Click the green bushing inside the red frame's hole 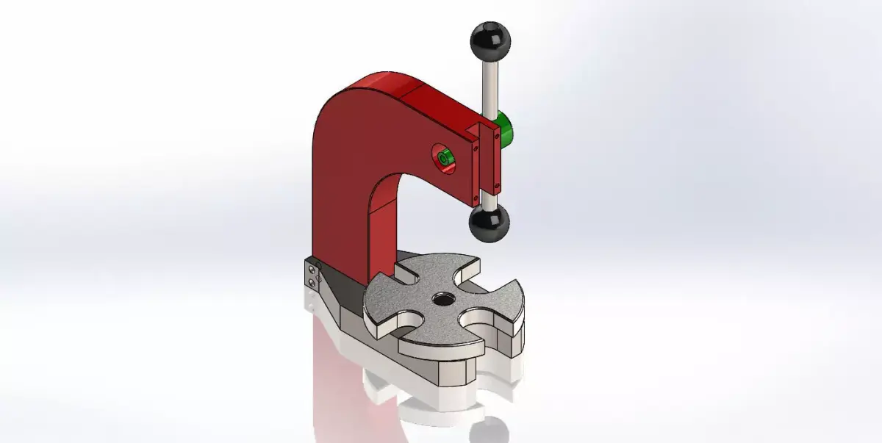(443, 159)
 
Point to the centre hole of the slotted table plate (443, 299)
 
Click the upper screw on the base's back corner (312, 270)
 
